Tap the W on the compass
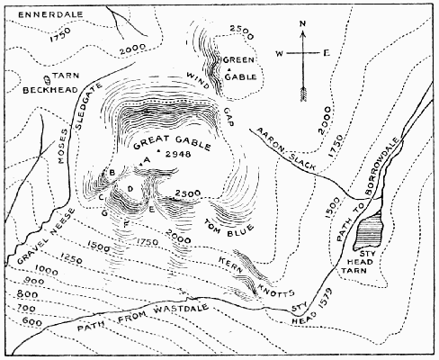click(279, 53)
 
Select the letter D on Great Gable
click(131, 187)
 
